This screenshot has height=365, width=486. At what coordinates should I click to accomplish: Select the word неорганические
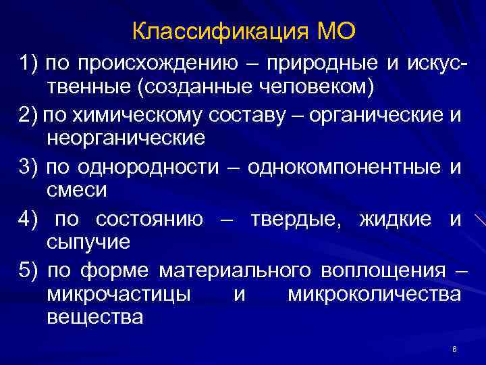tap(125, 139)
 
